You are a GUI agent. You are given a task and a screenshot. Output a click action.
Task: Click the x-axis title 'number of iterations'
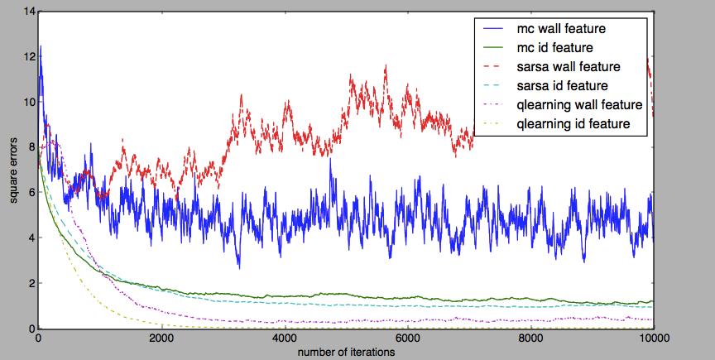tap(346, 352)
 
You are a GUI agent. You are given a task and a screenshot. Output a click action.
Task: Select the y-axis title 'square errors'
tap(12, 171)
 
